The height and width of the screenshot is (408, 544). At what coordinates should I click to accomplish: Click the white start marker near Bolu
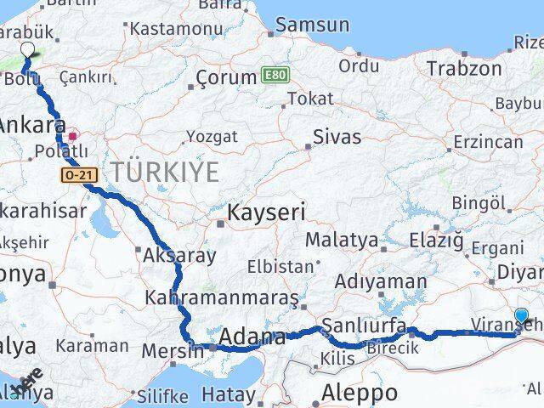pos(26,49)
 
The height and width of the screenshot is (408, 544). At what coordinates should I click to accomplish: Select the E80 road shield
pos(275,75)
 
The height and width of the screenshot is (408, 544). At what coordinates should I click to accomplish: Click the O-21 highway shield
pos(76,173)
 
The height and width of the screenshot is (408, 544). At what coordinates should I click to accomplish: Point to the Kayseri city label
pos(266,212)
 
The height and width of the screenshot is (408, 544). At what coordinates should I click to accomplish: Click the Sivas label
pos(337,137)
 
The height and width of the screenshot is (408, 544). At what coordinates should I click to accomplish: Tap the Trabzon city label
pos(464,68)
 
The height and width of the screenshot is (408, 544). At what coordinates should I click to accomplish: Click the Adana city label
pos(252,337)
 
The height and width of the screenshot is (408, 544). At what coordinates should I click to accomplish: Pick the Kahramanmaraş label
pos(222,298)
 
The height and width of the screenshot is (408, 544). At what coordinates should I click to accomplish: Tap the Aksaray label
pos(179,254)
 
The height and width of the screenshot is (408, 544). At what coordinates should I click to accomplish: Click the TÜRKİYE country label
pos(165,172)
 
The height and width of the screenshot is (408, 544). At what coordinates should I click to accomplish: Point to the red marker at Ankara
pos(74,134)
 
